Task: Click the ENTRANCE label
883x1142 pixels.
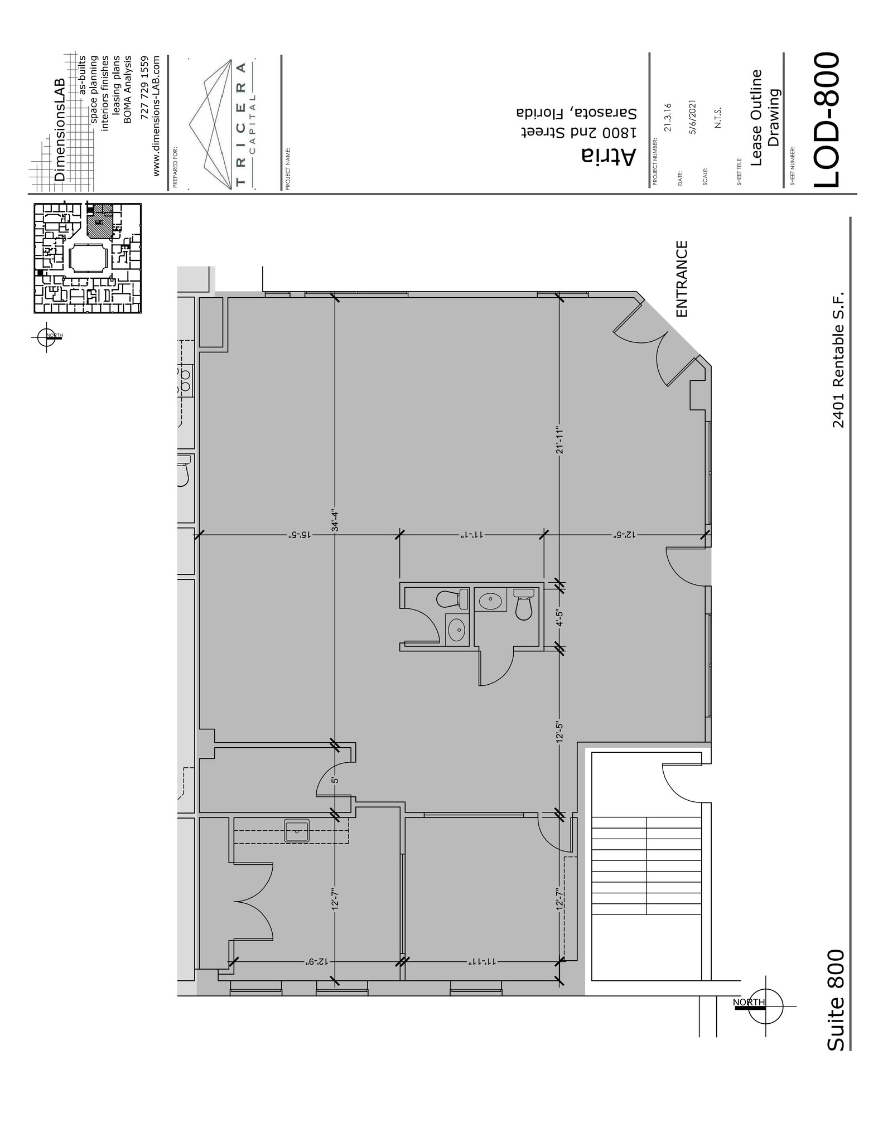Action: pyautogui.click(x=682, y=279)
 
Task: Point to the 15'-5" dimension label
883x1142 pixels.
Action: pyautogui.click(x=298, y=534)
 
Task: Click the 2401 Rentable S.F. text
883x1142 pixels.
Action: pyautogui.click(x=838, y=359)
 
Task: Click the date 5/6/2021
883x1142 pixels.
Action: pyautogui.click(x=693, y=117)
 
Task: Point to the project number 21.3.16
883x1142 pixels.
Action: pyautogui.click(x=668, y=117)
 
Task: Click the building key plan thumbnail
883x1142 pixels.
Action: pyautogui.click(x=88, y=258)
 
